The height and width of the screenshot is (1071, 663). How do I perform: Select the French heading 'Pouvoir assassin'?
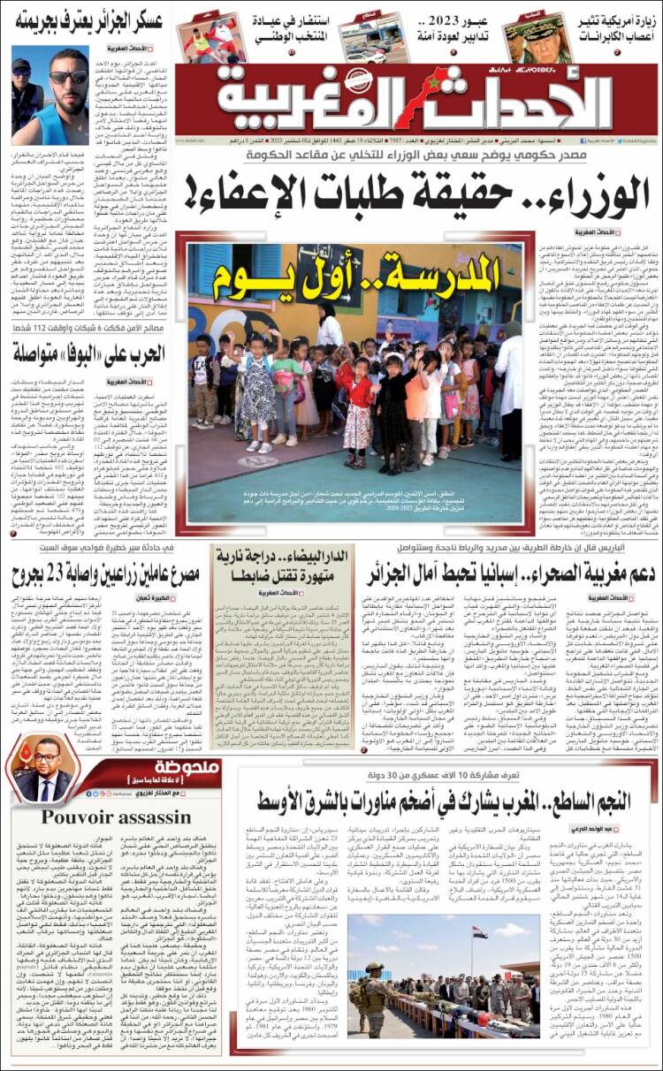pos(103,816)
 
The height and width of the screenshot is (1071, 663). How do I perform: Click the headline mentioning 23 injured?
pos(105,574)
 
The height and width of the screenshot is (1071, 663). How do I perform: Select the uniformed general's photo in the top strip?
pos(537,37)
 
